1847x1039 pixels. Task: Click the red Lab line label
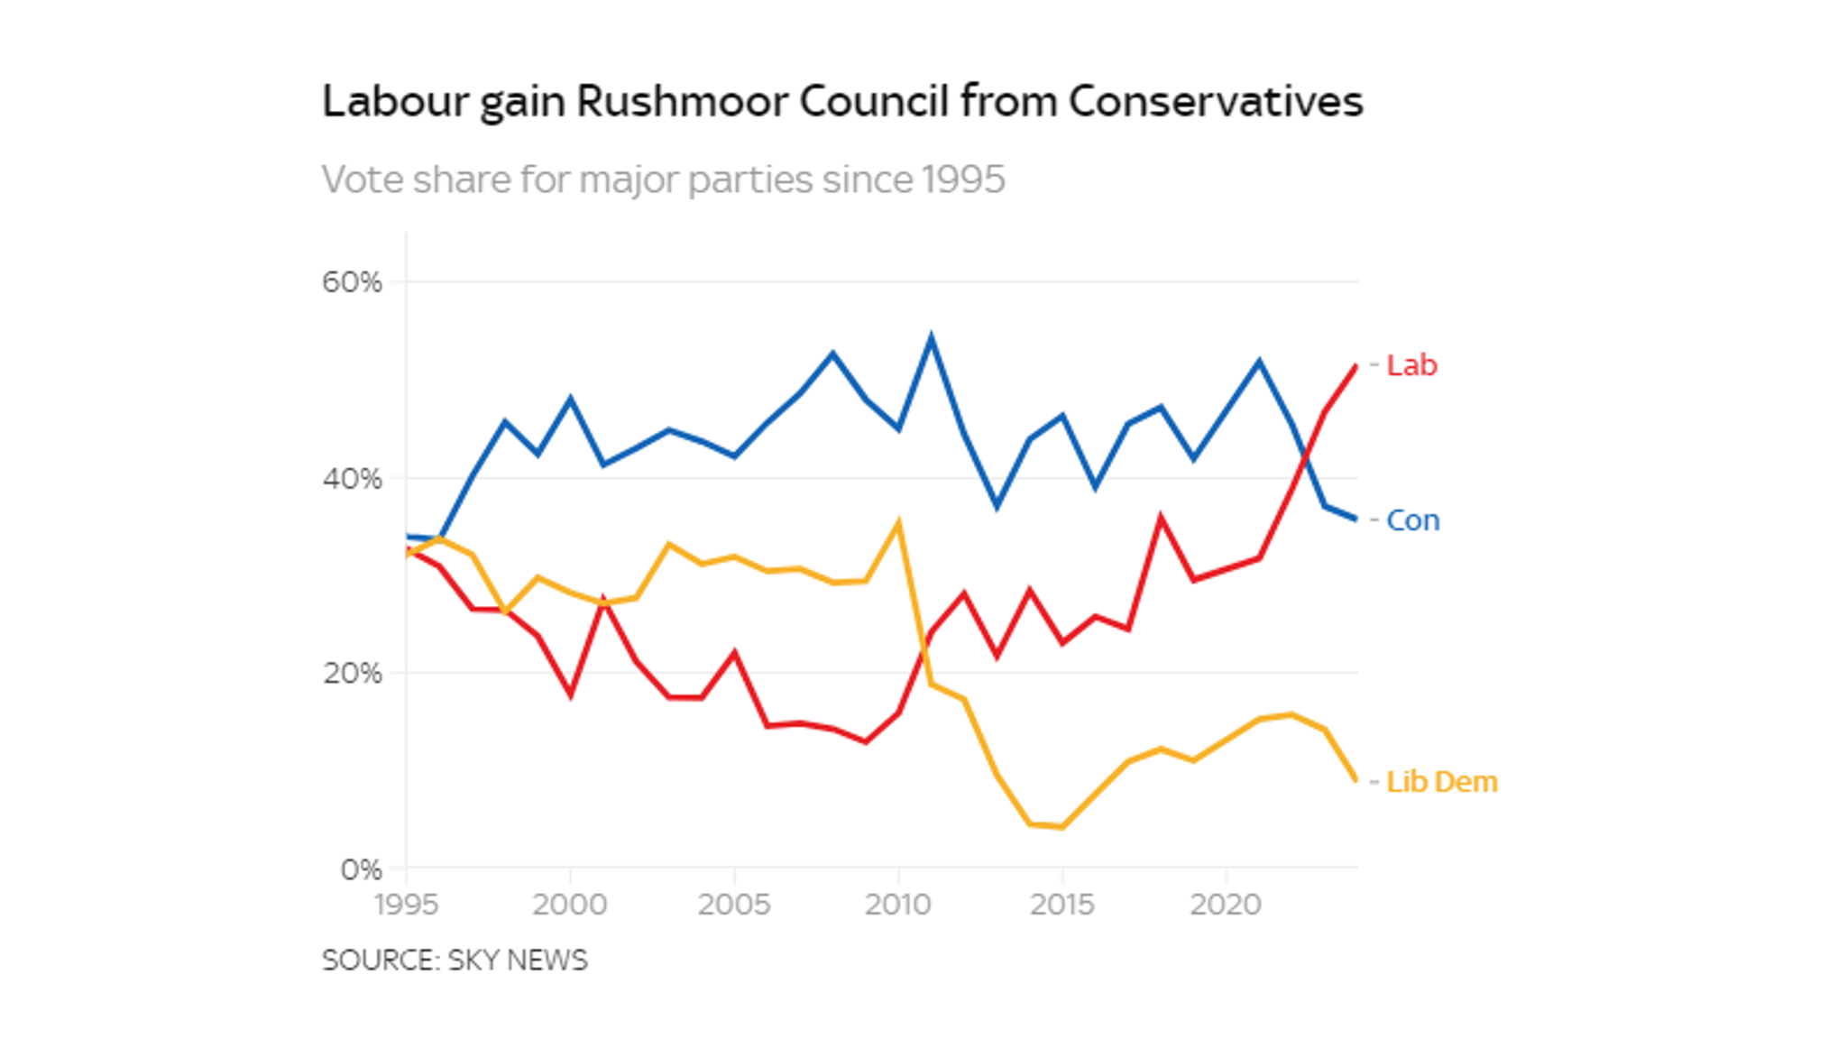1411,365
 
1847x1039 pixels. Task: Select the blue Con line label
1412,520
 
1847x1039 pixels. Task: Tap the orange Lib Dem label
1440,781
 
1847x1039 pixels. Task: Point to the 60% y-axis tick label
352,282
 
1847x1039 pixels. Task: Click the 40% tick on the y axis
352,479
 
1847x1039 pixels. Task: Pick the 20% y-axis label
352,674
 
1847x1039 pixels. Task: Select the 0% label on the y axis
361,869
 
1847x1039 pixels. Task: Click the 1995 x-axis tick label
406,905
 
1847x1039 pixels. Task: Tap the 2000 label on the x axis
570,905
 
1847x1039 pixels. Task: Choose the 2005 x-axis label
734,905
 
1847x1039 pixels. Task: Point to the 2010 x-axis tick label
898,905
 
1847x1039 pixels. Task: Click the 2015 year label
1062,905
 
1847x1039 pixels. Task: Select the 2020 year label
1226,905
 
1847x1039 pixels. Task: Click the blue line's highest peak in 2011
931,338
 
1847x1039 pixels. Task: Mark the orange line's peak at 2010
898,522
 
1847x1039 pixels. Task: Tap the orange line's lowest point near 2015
1062,826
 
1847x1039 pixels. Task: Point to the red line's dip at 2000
570,694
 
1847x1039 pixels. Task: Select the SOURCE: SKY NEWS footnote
455,960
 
